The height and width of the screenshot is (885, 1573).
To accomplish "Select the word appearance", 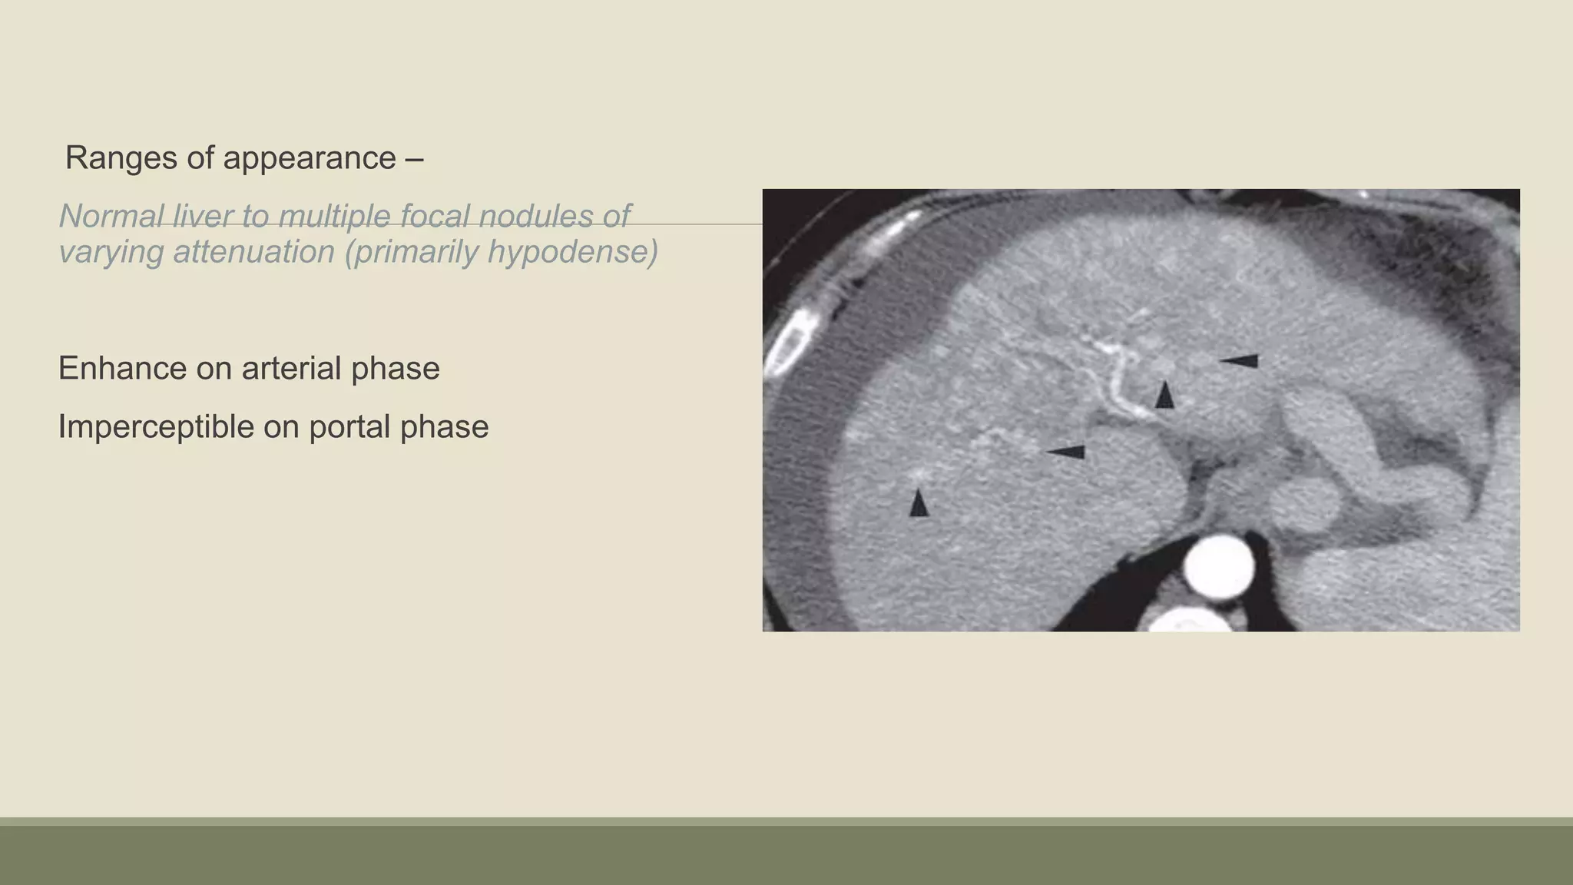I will point(310,158).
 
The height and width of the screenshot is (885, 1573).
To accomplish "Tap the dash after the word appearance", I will point(414,158).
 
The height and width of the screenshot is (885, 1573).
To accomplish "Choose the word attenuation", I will point(253,252).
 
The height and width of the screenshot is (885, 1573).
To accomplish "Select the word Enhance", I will point(122,369).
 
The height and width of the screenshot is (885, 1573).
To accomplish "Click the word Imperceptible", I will point(156,427).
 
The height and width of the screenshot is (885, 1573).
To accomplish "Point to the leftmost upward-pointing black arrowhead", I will point(919,503).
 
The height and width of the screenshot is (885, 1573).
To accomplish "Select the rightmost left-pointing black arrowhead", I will point(1239,360).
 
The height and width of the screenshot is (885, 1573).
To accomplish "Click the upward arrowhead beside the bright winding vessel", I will point(1165,395).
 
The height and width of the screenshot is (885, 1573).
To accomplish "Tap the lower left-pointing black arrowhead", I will point(1067,452).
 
